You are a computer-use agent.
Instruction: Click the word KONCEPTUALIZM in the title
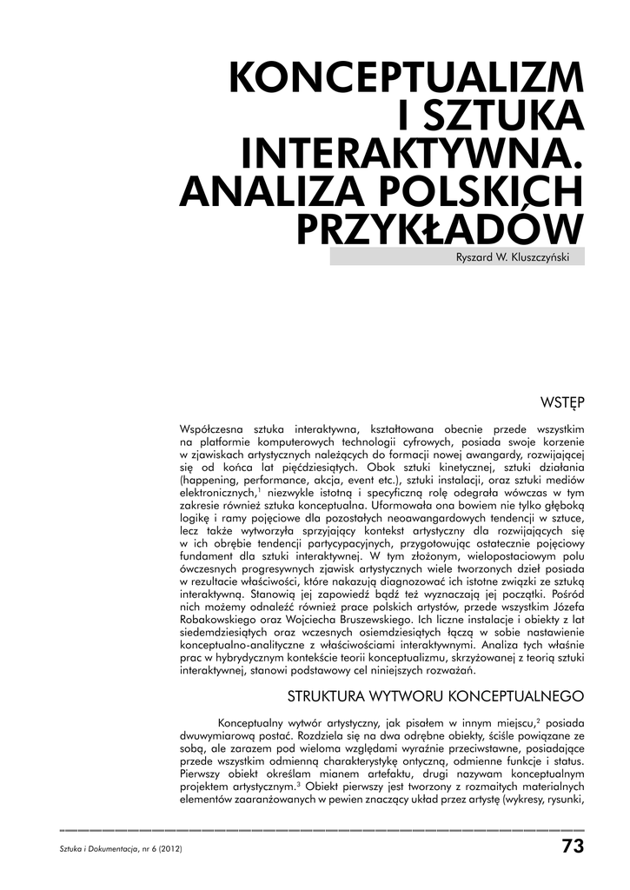tap(406, 81)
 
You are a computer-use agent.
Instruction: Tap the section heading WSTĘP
tap(562, 402)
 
